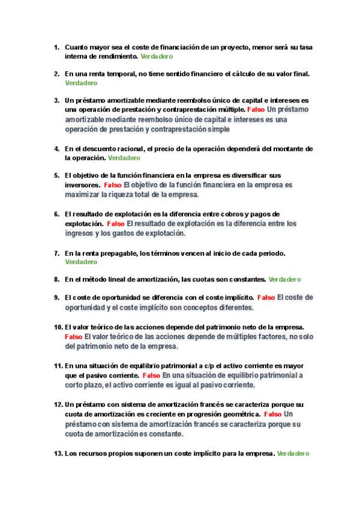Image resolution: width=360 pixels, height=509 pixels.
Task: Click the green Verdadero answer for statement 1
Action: (157, 56)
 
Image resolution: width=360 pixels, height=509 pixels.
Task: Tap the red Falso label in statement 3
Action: (256, 110)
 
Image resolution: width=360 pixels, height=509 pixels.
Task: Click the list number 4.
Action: (56, 148)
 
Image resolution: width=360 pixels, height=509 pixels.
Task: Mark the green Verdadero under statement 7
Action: (81, 262)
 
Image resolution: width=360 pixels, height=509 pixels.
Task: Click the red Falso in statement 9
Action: (266, 298)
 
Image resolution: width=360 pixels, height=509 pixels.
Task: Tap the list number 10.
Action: (58, 327)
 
